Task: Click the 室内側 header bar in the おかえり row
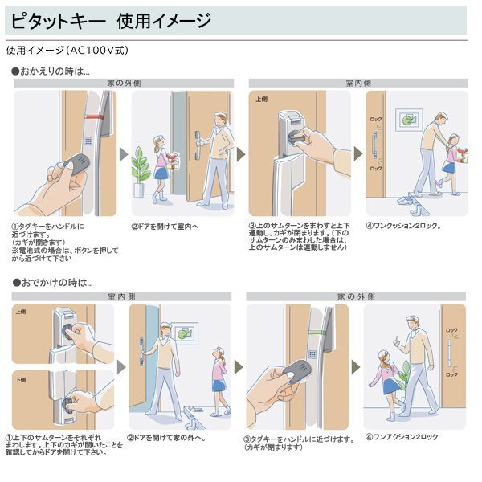(x=357, y=83)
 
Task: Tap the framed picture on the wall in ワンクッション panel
(x=410, y=119)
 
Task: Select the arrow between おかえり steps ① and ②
(x=124, y=153)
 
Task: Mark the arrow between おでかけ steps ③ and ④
(x=355, y=366)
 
